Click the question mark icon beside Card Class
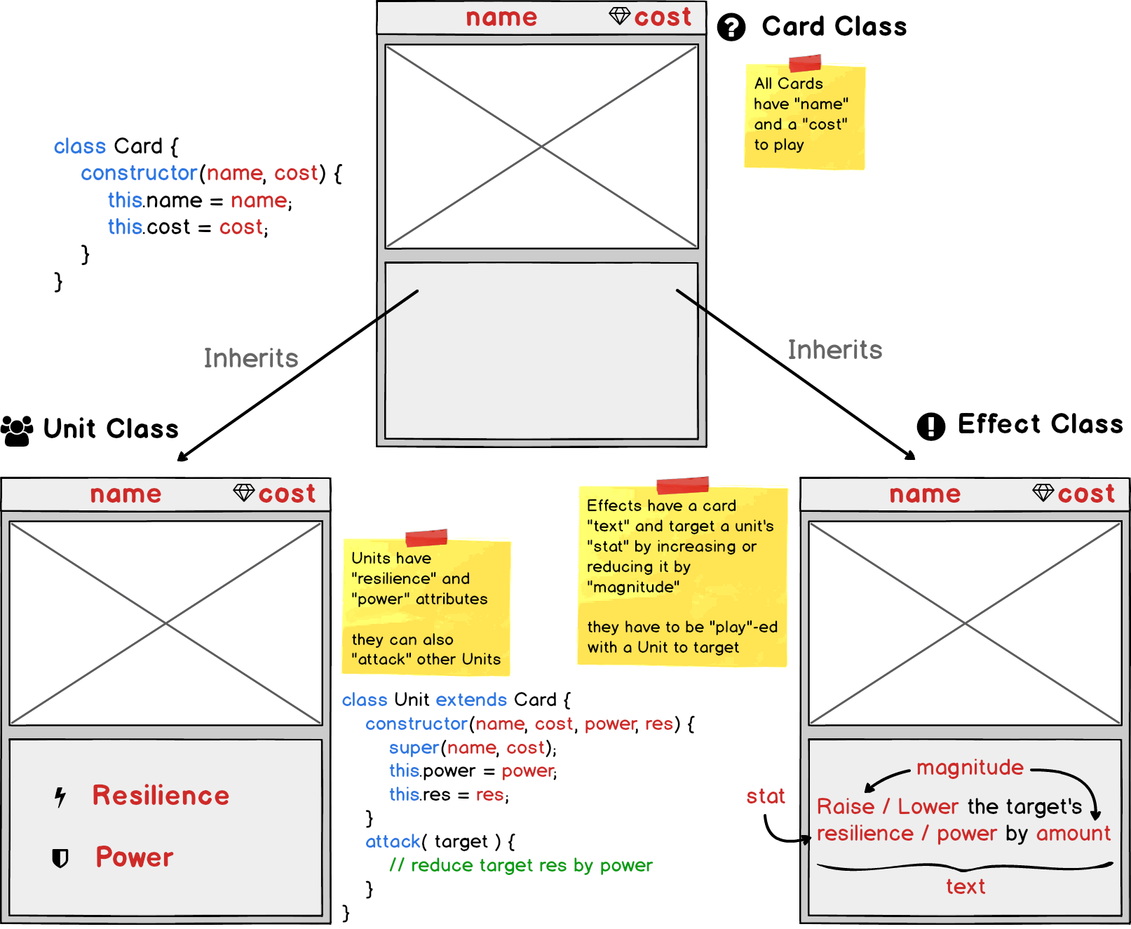[731, 28]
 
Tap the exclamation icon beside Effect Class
[930, 426]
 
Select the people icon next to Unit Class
[17, 430]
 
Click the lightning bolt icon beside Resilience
[60, 796]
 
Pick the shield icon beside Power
[60, 857]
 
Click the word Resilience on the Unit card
[161, 796]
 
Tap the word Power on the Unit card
[135, 857]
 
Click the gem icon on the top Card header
[620, 16]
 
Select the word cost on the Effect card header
[1085, 494]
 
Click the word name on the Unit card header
[126, 494]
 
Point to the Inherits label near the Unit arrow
[251, 358]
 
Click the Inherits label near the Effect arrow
[834, 350]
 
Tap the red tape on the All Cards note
[805, 63]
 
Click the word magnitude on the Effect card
[970, 767]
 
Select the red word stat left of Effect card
[765, 796]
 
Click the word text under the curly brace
[966, 887]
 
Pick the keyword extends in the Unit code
[471, 700]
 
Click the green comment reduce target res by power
[521, 865]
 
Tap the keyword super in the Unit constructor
[414, 747]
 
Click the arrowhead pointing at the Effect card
[910, 456]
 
